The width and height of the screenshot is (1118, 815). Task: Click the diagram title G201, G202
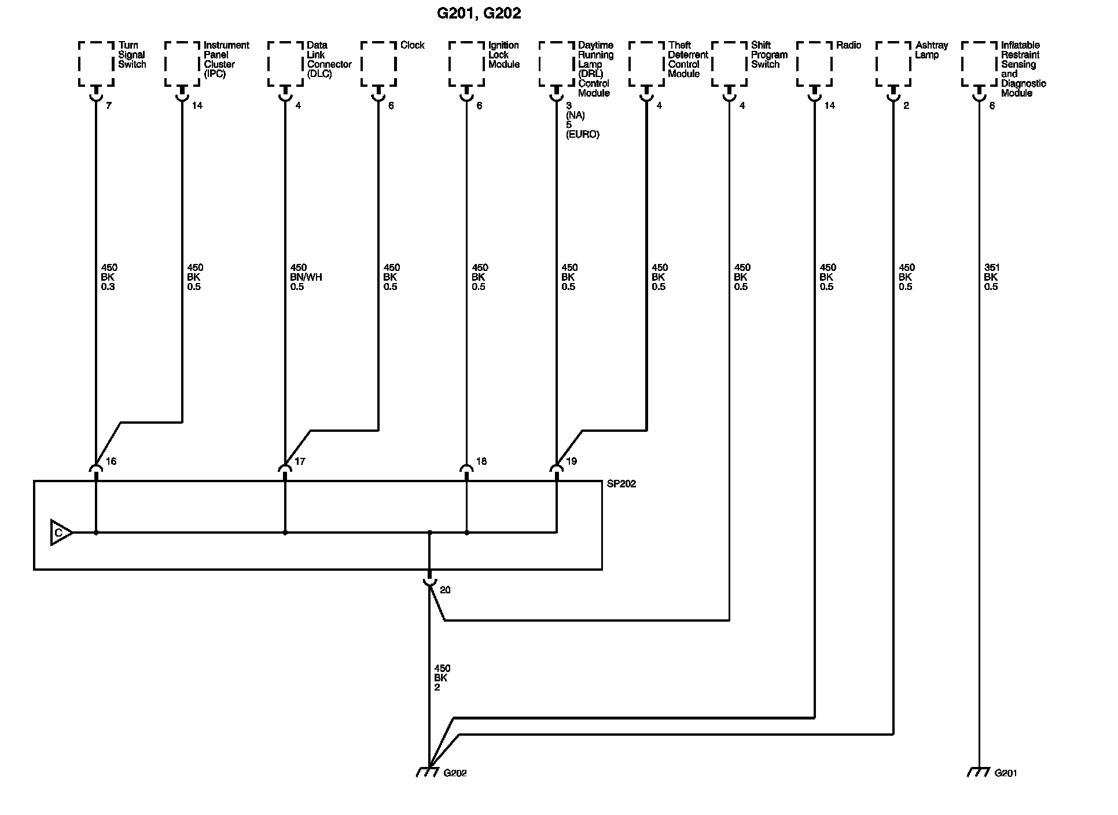[479, 13]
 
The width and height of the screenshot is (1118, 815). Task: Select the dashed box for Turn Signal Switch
[96, 64]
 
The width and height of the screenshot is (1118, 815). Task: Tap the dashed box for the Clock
[378, 64]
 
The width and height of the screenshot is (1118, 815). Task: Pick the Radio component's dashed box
[814, 64]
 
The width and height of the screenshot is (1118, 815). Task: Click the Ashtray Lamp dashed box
[893, 64]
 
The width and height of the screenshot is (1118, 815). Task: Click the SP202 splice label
[621, 484]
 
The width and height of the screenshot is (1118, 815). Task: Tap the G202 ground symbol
[427, 772]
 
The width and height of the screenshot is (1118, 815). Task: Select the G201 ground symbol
[978, 772]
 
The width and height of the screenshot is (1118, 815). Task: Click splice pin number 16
[111, 461]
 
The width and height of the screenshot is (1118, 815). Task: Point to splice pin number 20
[445, 590]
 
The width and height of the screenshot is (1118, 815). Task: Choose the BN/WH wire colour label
[306, 277]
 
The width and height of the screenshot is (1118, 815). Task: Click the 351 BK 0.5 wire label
[991, 277]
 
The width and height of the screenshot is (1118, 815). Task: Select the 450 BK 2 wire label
[442, 678]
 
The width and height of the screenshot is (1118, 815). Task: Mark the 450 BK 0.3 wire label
[109, 277]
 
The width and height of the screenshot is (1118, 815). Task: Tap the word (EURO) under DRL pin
[582, 134]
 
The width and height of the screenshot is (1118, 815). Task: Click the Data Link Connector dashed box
[285, 64]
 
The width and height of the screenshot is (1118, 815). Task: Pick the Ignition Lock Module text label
[503, 54]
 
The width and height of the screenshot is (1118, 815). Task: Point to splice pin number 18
[481, 461]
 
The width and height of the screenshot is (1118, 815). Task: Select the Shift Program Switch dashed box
[729, 64]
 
